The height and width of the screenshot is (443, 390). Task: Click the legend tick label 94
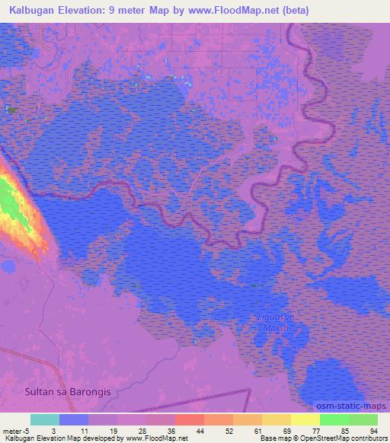[x=372, y=431]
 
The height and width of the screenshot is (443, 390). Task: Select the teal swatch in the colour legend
[x=45, y=420]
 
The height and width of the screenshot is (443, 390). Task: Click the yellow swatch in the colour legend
[x=305, y=420]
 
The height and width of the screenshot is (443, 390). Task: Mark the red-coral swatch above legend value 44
[x=190, y=420]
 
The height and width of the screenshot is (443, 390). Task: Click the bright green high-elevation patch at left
[x=9, y=199]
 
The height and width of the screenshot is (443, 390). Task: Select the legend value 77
[x=316, y=431]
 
